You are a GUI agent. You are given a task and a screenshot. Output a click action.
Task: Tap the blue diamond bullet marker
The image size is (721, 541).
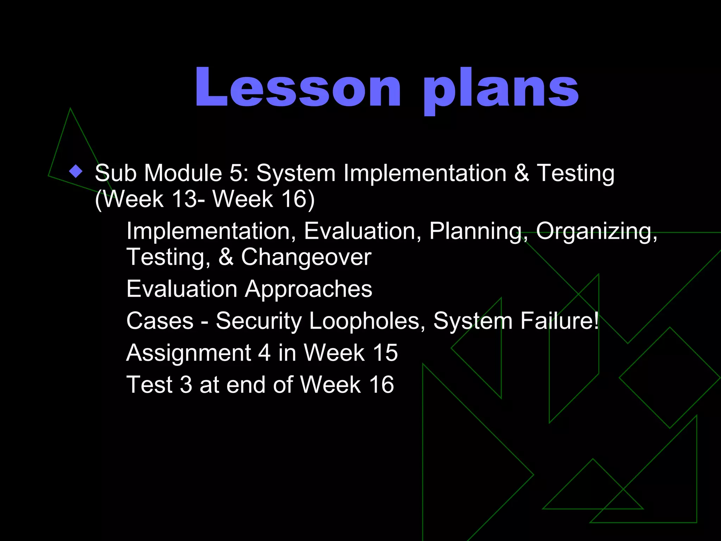click(76, 172)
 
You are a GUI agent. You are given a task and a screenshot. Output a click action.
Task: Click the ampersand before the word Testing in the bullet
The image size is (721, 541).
click(522, 173)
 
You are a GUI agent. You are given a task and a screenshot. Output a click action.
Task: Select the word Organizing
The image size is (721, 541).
click(596, 232)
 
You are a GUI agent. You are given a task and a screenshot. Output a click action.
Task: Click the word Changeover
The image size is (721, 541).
click(306, 257)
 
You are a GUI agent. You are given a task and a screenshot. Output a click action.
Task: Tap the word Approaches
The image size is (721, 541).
click(308, 289)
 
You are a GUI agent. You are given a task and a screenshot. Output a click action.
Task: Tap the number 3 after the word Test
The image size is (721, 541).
click(186, 385)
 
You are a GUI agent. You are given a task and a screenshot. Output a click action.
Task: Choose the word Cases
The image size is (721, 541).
click(160, 321)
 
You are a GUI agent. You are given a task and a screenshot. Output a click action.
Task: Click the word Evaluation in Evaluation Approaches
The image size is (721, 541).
click(182, 289)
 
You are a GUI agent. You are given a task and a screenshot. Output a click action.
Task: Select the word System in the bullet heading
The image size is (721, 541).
click(296, 173)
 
